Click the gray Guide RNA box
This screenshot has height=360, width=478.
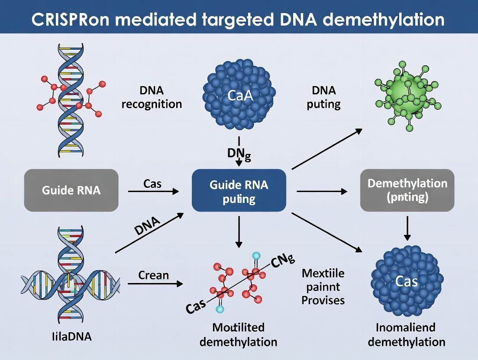(x=71, y=190)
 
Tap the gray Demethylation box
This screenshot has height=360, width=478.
(x=407, y=190)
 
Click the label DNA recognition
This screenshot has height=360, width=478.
(x=152, y=97)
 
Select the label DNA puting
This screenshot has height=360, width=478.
(x=323, y=97)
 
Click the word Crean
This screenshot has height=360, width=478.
(x=153, y=274)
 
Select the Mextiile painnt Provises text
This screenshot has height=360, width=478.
(x=323, y=286)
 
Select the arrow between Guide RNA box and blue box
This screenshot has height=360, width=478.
(x=153, y=191)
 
